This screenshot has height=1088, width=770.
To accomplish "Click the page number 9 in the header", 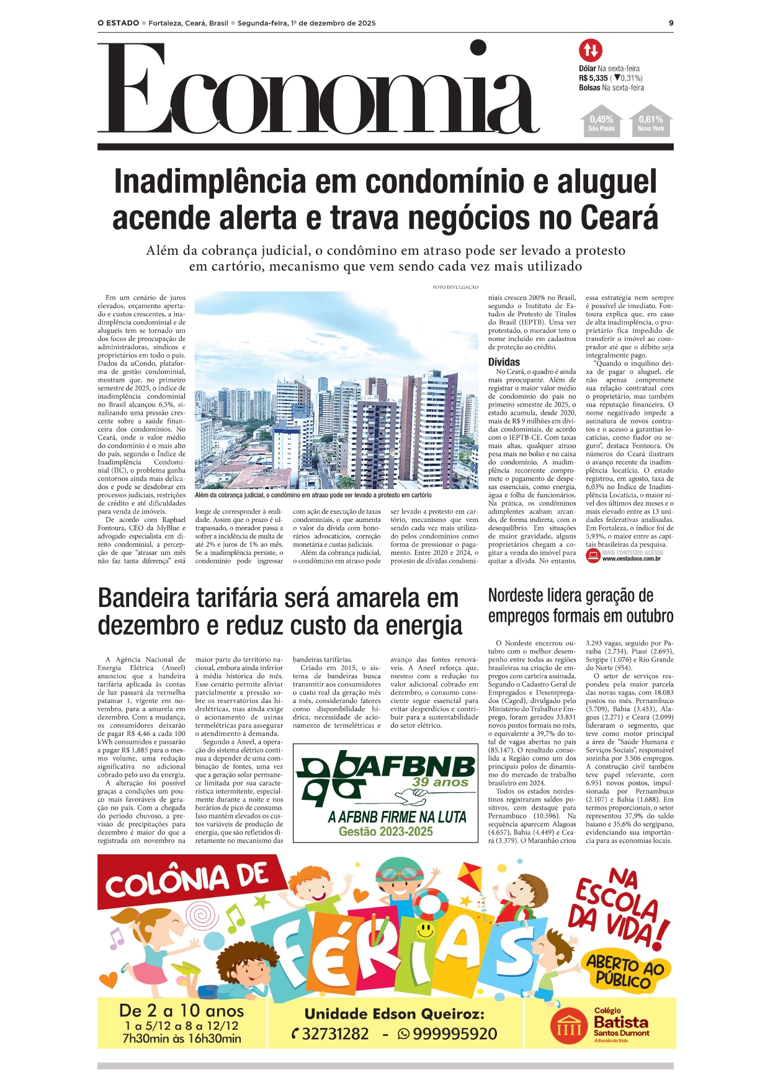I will [671, 23].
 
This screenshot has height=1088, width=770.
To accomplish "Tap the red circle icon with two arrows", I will [590, 50].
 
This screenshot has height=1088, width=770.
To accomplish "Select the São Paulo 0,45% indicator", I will [601, 123].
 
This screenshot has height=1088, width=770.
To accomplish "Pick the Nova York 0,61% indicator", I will [650, 123].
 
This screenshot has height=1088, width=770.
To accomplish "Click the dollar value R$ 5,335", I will [593, 78].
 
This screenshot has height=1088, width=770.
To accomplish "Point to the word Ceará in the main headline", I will [619, 218].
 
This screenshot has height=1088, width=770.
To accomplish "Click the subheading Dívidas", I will [504, 362].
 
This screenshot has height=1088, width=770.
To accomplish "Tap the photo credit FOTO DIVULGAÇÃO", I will [455, 287].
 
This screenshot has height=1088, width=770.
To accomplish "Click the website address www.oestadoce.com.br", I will [631, 559].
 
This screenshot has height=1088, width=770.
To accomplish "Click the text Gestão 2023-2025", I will [385, 831].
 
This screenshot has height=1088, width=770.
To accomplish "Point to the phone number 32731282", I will [335, 1034].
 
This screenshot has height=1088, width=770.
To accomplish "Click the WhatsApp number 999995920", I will [454, 1034].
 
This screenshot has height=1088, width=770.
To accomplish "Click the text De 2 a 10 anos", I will [181, 1011].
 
